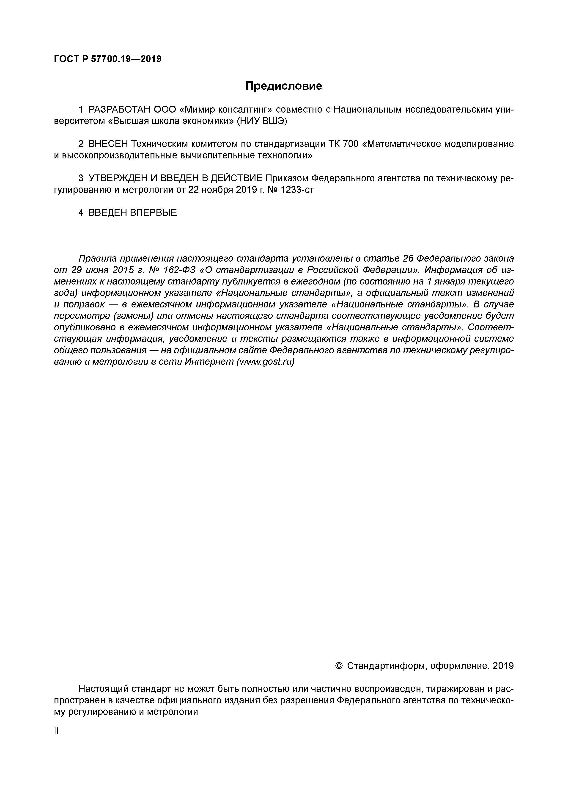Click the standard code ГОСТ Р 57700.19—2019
[108, 59]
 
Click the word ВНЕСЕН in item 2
[108, 144]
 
